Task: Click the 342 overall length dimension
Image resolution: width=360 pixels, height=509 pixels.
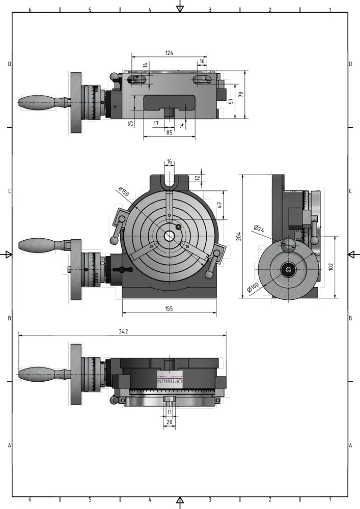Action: tap(123, 331)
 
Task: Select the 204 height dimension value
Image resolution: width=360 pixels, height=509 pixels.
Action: tap(239, 236)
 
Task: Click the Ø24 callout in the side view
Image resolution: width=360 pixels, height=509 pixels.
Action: tap(258, 229)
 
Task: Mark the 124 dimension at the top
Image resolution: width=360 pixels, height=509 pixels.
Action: tap(169, 52)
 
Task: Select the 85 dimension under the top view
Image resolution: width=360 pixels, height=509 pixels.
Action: tap(169, 133)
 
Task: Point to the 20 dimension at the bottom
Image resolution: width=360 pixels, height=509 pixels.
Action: tap(170, 422)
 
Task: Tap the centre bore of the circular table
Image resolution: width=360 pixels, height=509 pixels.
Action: tap(169, 236)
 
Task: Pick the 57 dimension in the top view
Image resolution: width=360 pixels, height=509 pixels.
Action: tap(230, 101)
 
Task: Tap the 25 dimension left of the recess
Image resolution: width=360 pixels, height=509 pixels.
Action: tap(131, 123)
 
